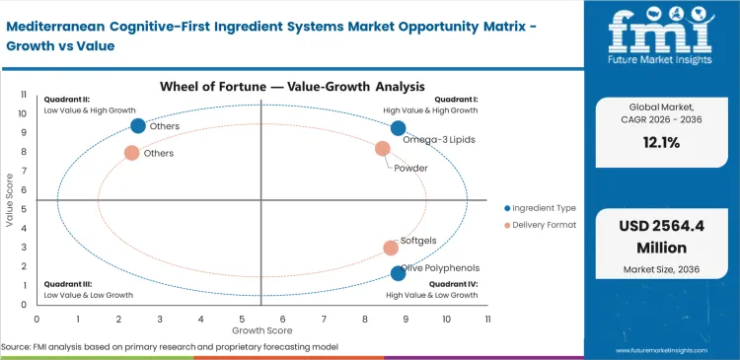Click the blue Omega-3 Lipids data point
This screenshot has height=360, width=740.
pos(398,128)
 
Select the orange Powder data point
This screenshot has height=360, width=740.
pos(383,149)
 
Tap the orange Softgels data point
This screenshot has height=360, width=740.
pos(391,249)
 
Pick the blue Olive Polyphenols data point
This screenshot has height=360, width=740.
pos(398,273)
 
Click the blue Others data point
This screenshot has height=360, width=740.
pos(138,125)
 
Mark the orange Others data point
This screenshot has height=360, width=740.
pos(131,153)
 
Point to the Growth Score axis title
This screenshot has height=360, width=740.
pos(260,331)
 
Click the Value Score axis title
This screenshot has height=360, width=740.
pos(11,201)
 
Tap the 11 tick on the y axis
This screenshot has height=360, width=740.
pos(24,96)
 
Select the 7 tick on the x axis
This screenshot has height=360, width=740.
pos(323,320)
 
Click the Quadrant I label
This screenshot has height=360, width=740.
pos(458,99)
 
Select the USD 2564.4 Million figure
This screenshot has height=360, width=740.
pos(661,236)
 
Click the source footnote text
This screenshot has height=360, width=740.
pos(170,347)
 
